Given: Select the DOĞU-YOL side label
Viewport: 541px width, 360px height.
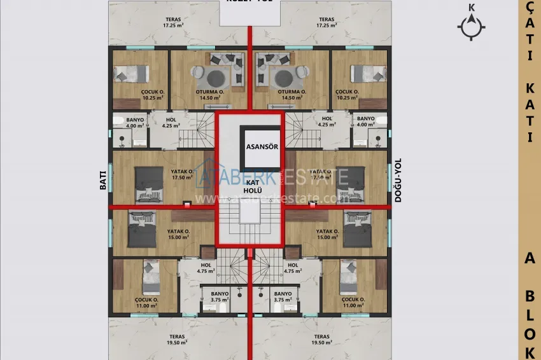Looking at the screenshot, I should coord(398,180).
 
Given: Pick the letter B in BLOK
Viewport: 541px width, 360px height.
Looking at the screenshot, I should coord(530,294).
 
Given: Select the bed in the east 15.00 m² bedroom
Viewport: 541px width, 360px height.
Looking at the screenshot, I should coord(357,228).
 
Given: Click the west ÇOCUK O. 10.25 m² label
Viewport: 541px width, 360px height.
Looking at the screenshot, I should coord(153,95).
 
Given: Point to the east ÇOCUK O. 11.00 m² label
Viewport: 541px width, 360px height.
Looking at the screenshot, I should coord(352,302).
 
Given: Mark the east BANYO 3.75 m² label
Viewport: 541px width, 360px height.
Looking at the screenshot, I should coord(283,296).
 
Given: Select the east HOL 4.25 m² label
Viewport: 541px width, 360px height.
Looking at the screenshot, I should coord(327,122).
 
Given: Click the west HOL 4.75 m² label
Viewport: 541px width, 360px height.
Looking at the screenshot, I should coord(206,268).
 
